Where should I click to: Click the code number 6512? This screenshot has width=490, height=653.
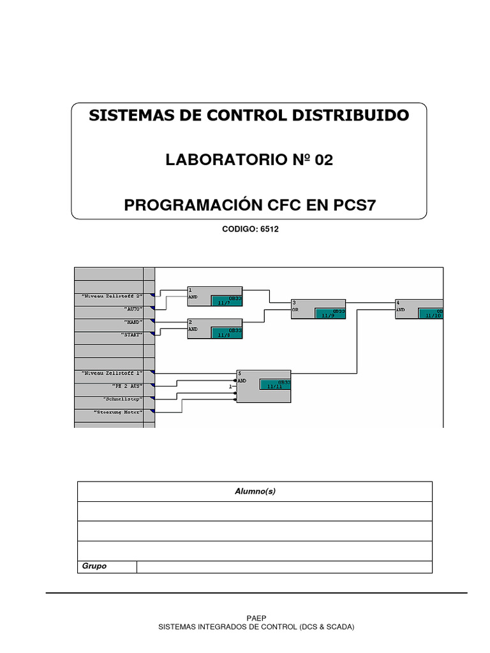pos(269,230)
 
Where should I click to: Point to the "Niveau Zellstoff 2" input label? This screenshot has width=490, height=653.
pos(116,295)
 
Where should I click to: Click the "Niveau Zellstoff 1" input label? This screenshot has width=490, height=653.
pos(116,372)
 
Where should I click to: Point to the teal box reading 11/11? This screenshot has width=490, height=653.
pos(275,384)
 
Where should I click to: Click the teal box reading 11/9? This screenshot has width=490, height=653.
pos(329,314)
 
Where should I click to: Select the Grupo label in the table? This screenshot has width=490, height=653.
pos(94,566)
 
